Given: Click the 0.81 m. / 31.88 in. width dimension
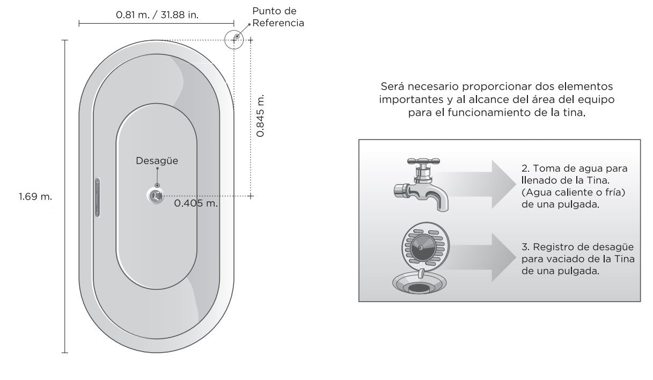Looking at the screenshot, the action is (157, 14).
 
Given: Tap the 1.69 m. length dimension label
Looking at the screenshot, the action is (35, 196).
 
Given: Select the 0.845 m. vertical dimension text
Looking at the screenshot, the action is (260, 115).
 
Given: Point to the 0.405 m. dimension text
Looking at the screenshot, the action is (196, 203).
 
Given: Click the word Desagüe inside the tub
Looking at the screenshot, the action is (157, 160).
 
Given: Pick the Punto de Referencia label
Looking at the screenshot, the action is (278, 17).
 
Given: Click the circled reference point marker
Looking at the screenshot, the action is (234, 40).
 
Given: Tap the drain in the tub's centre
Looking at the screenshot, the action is (155, 195).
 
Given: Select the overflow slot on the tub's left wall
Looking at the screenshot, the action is (97, 198).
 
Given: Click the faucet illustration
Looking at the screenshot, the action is (421, 184).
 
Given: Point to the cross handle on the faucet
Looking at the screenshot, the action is (423, 161).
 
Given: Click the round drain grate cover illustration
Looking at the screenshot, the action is (425, 247).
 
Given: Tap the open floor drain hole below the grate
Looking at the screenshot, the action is (419, 288).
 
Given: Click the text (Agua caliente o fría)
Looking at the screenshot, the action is (574, 192).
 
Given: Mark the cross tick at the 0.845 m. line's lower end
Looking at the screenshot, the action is (251, 196).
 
